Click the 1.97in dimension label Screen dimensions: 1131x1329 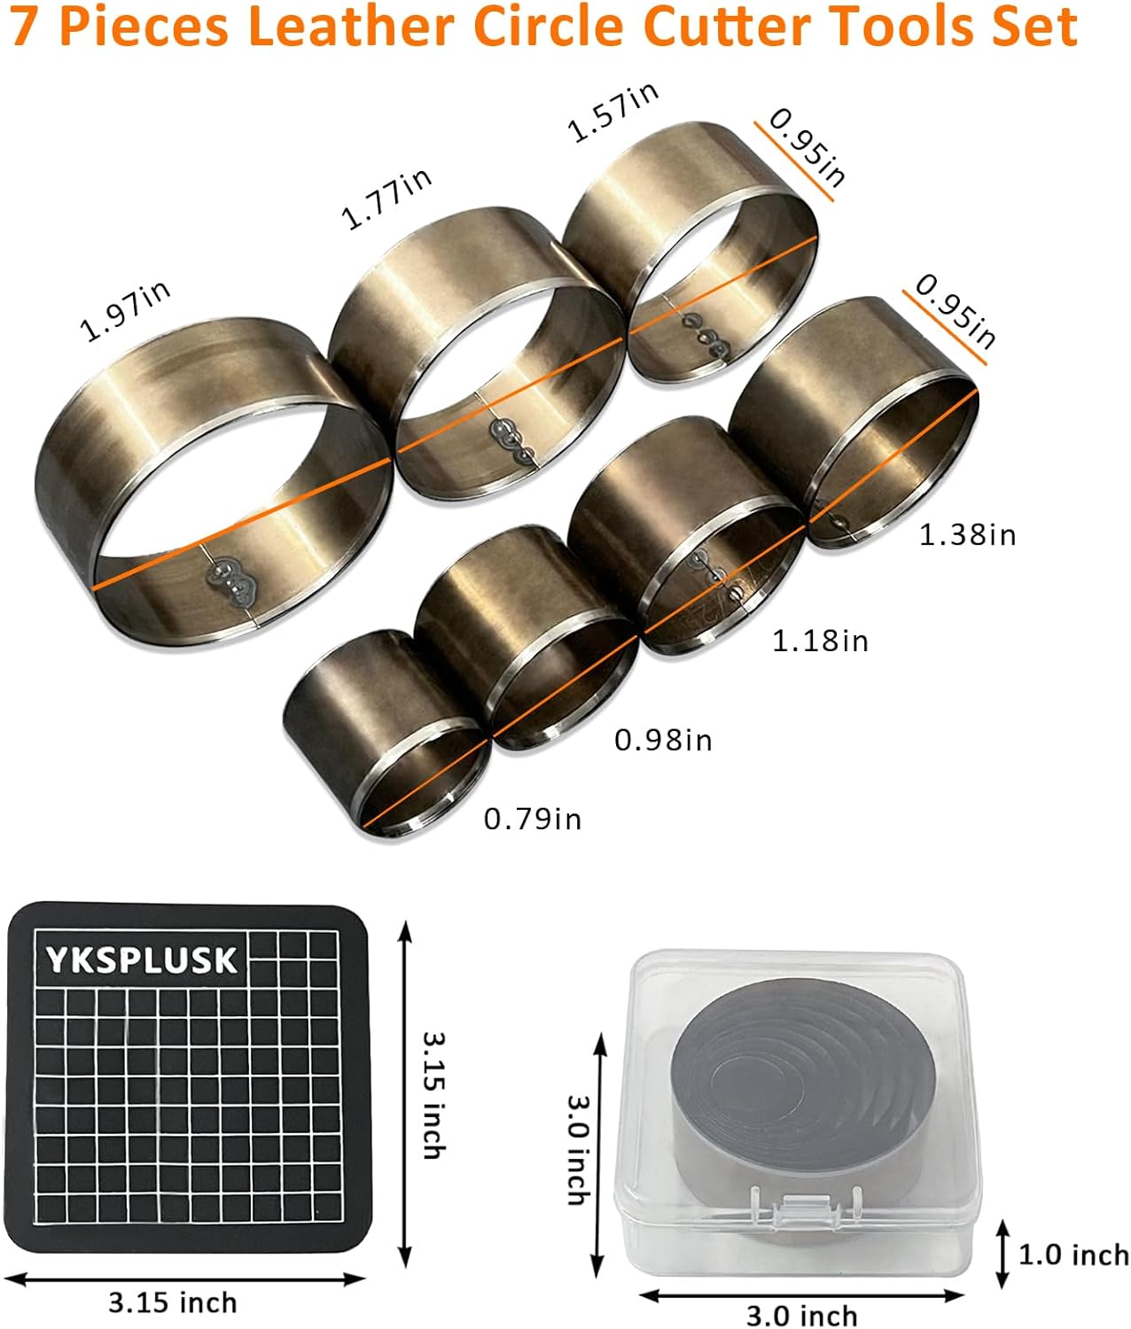point(125,311)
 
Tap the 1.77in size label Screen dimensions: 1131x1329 point(386,198)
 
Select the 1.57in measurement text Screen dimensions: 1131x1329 point(612,112)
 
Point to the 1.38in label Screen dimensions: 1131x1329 point(967,535)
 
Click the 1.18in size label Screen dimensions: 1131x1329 point(820,641)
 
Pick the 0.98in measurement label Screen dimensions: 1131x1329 point(663,741)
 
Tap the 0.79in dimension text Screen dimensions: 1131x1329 point(533,820)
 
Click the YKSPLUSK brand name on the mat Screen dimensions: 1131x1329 point(142,960)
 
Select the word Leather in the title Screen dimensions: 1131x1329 point(351,26)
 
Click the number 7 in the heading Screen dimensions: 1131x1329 point(24,27)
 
